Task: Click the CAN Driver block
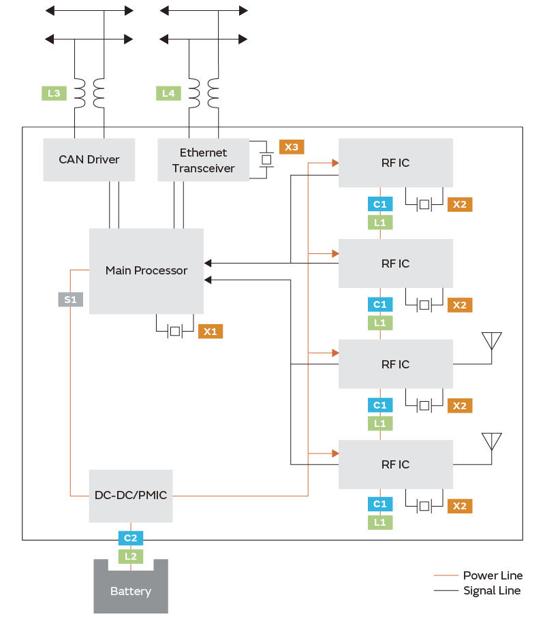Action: (x=89, y=160)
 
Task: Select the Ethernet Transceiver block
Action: (x=203, y=160)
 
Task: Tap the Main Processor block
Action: (x=146, y=270)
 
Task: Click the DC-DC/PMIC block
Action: (x=130, y=495)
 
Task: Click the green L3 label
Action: (x=54, y=93)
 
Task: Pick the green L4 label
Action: (x=168, y=93)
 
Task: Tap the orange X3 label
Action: (x=291, y=147)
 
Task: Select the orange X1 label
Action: (x=211, y=332)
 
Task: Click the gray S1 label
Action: (x=70, y=299)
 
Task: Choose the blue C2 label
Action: (x=130, y=538)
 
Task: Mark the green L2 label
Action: (x=130, y=556)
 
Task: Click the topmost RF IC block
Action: (x=395, y=163)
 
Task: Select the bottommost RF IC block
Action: (x=395, y=464)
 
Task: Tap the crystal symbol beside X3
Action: (x=266, y=159)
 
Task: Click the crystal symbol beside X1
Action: (x=174, y=331)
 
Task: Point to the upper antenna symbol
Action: (x=491, y=340)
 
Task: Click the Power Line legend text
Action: (x=493, y=575)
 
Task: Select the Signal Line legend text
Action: (x=492, y=590)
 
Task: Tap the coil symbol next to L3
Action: (x=89, y=93)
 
